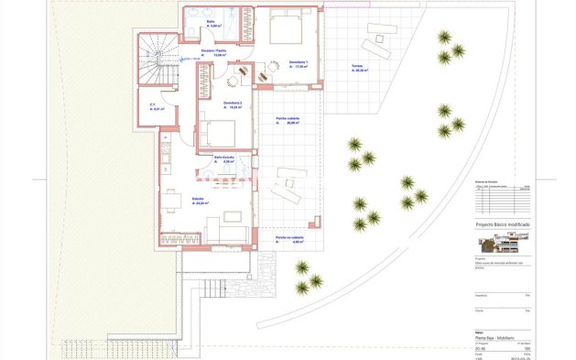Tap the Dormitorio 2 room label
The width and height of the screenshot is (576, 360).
(233, 103)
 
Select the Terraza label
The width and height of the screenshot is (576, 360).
(357, 67)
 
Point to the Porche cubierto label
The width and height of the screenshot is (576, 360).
(288, 120)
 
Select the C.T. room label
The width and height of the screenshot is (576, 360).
(154, 106)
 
